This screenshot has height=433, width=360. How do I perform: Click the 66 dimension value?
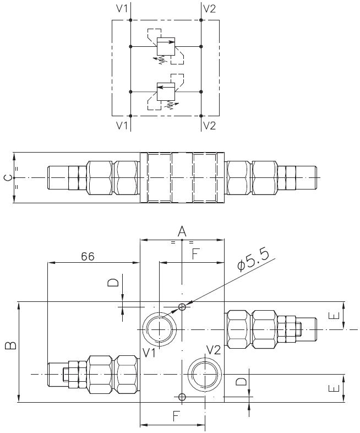click(x=88, y=257)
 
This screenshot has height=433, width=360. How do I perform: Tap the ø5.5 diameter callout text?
click(x=253, y=261)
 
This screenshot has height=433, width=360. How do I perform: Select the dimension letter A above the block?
click(x=182, y=231)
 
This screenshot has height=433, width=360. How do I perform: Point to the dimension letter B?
click(x=11, y=345)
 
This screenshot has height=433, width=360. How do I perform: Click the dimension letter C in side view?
click(x=9, y=178)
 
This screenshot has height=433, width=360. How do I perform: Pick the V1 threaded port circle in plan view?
click(x=160, y=329)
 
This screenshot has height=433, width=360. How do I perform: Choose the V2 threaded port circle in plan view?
click(x=205, y=374)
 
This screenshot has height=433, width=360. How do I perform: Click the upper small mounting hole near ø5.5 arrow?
click(x=182, y=306)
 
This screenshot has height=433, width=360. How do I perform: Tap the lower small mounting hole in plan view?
click(x=182, y=397)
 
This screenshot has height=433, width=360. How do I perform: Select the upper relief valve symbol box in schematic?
click(x=166, y=46)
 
